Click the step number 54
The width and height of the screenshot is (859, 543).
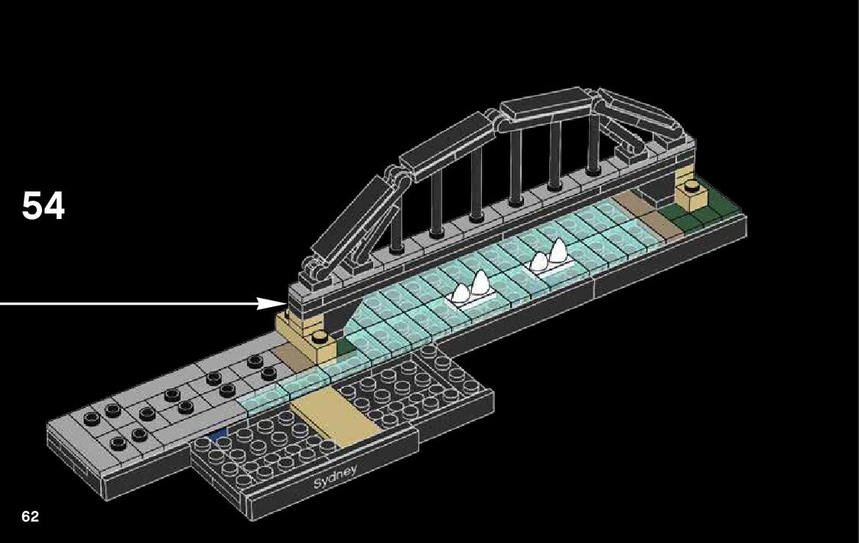[x=44, y=206]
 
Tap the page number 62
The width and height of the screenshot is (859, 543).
[x=31, y=516]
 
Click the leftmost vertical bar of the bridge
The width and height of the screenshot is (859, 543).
[x=397, y=225]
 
